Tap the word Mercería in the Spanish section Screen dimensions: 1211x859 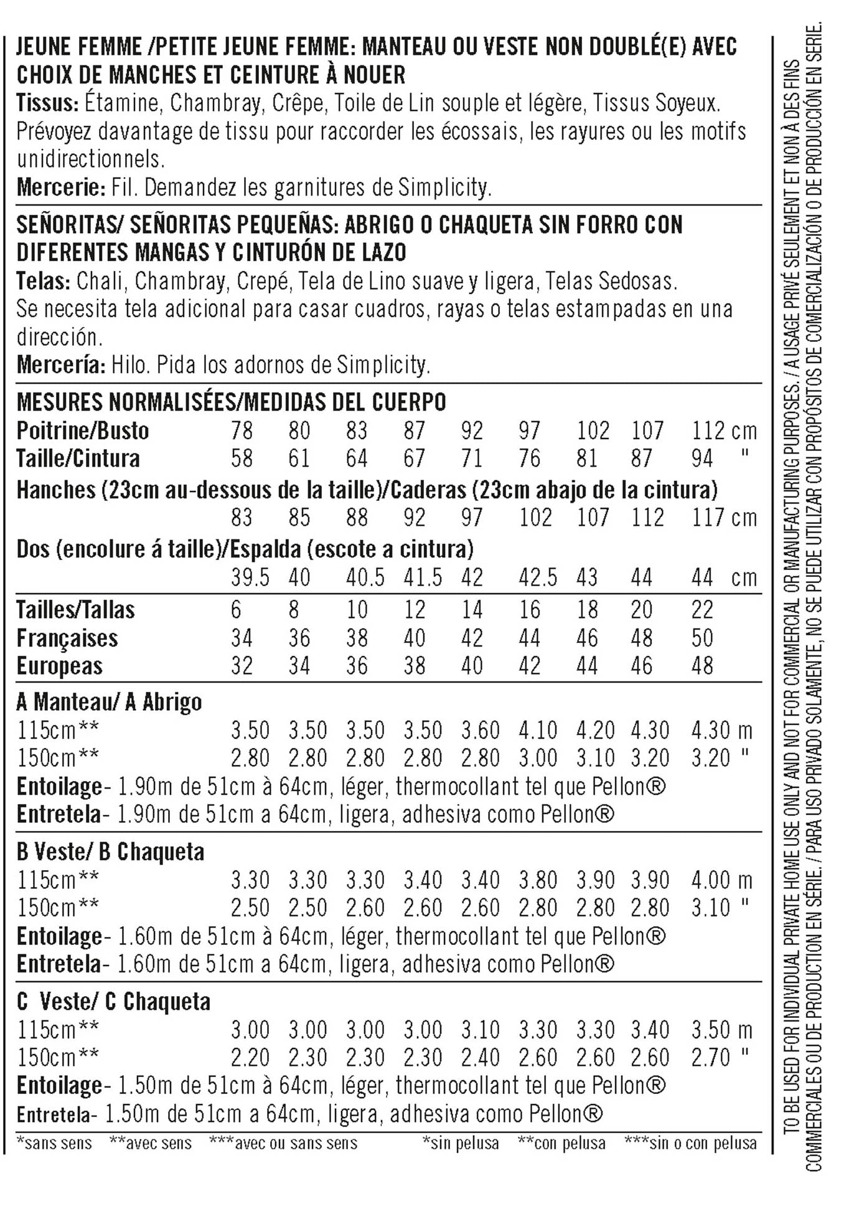61,364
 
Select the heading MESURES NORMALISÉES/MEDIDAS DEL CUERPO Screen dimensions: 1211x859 231,402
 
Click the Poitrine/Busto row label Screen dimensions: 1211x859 82,430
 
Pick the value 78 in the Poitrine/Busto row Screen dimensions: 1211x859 242,430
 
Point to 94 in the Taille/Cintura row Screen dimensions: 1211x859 702,458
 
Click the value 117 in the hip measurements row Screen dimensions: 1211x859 708,518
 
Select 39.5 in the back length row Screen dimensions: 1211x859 250,577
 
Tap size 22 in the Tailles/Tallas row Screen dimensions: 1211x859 702,609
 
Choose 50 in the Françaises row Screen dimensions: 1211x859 702,638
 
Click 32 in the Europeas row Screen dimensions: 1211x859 242,666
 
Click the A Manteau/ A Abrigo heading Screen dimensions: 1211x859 109,702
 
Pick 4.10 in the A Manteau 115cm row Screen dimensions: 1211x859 538,730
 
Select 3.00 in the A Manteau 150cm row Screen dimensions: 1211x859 538,758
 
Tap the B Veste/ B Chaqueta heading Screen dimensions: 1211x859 110,852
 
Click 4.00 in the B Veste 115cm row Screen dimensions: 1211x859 710,880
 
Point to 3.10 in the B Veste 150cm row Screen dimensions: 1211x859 710,908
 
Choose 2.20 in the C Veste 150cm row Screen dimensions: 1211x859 250,1057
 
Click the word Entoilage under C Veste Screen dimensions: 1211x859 59,1086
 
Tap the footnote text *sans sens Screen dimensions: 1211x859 54,1143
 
